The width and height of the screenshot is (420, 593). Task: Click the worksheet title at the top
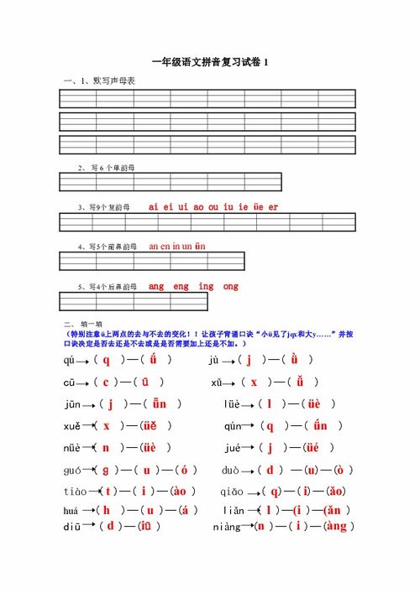pyautogui.click(x=210, y=62)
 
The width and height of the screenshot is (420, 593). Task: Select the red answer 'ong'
pyautogui.click(x=230, y=287)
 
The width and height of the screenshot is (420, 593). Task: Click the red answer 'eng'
pyautogui.click(x=181, y=287)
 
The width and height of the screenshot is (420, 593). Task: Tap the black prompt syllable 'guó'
pyautogui.click(x=73, y=470)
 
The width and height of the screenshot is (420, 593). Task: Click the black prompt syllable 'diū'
pyautogui.click(x=72, y=528)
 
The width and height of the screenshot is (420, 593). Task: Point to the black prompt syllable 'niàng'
pyautogui.click(x=227, y=528)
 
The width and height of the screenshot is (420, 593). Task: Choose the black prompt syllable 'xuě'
pyautogui.click(x=72, y=426)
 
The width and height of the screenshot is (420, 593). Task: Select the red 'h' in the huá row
pyautogui.click(x=107, y=510)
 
